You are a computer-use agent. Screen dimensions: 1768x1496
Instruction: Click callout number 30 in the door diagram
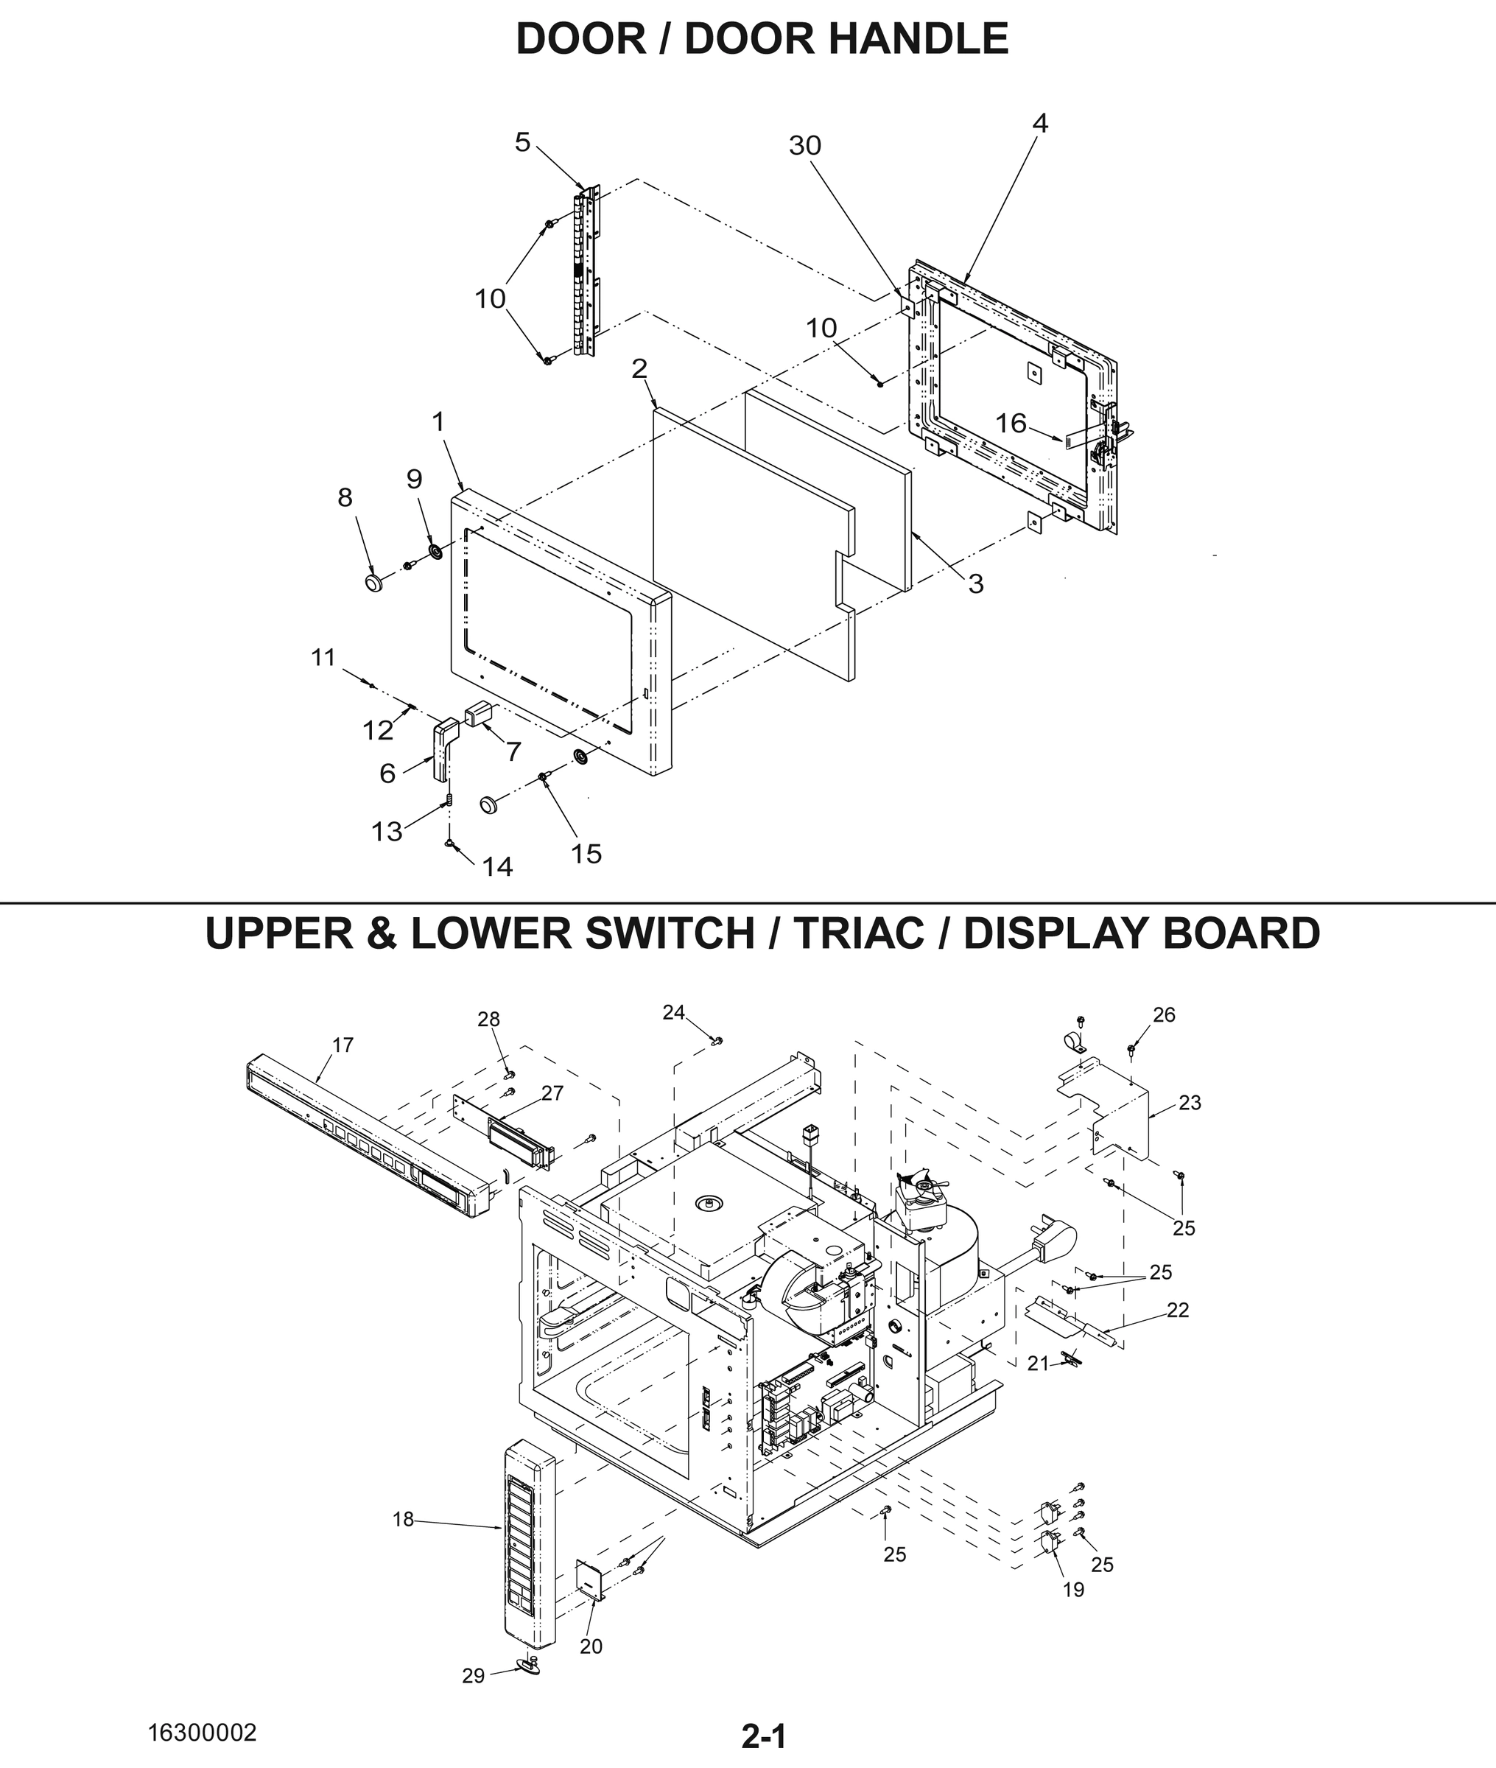coord(805,147)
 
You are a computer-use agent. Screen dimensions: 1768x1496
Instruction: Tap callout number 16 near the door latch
coord(1010,423)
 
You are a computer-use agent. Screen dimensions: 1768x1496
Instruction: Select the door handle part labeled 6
coord(444,746)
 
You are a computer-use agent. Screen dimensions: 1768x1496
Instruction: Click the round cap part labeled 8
coord(374,583)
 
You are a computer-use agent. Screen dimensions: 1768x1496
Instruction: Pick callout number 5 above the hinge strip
coord(522,142)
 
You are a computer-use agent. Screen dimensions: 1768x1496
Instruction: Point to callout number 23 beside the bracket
coord(1190,1102)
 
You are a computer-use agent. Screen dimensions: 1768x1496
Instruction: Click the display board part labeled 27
coord(518,1140)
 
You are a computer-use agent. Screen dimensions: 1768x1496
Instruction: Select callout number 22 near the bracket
coord(1177,1310)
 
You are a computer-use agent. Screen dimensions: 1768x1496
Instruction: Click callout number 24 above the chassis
coord(673,1012)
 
